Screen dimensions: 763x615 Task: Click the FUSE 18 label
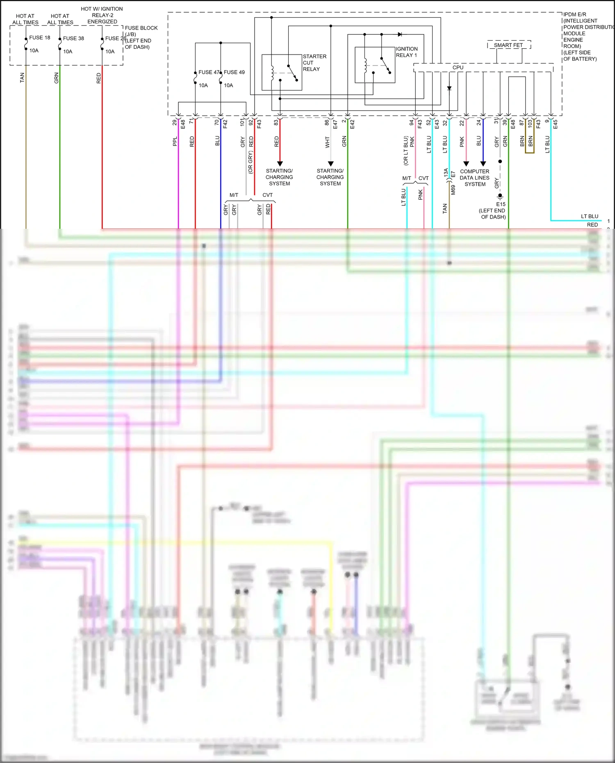(x=39, y=38)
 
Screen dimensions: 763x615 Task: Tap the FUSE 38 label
(x=73, y=39)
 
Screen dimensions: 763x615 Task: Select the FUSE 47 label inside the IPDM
(x=209, y=73)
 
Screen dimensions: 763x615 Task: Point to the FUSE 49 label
(x=234, y=73)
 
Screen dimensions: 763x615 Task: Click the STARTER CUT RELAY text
(x=314, y=63)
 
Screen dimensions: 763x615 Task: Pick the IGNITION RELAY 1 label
(x=407, y=52)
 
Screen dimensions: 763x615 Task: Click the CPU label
(x=458, y=68)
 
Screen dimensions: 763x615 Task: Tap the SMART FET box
(x=508, y=45)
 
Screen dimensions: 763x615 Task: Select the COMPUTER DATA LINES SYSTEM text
(x=474, y=178)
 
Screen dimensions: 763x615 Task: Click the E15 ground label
(x=501, y=204)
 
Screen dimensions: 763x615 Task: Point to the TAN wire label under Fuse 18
(x=22, y=78)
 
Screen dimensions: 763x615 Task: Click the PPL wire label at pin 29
(x=175, y=141)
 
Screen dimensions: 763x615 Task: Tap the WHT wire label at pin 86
(x=327, y=142)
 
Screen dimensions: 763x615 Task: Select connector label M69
(x=453, y=190)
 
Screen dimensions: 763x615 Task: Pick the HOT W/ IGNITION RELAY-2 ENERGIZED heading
(x=102, y=15)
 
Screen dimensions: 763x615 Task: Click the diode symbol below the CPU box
(x=449, y=88)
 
